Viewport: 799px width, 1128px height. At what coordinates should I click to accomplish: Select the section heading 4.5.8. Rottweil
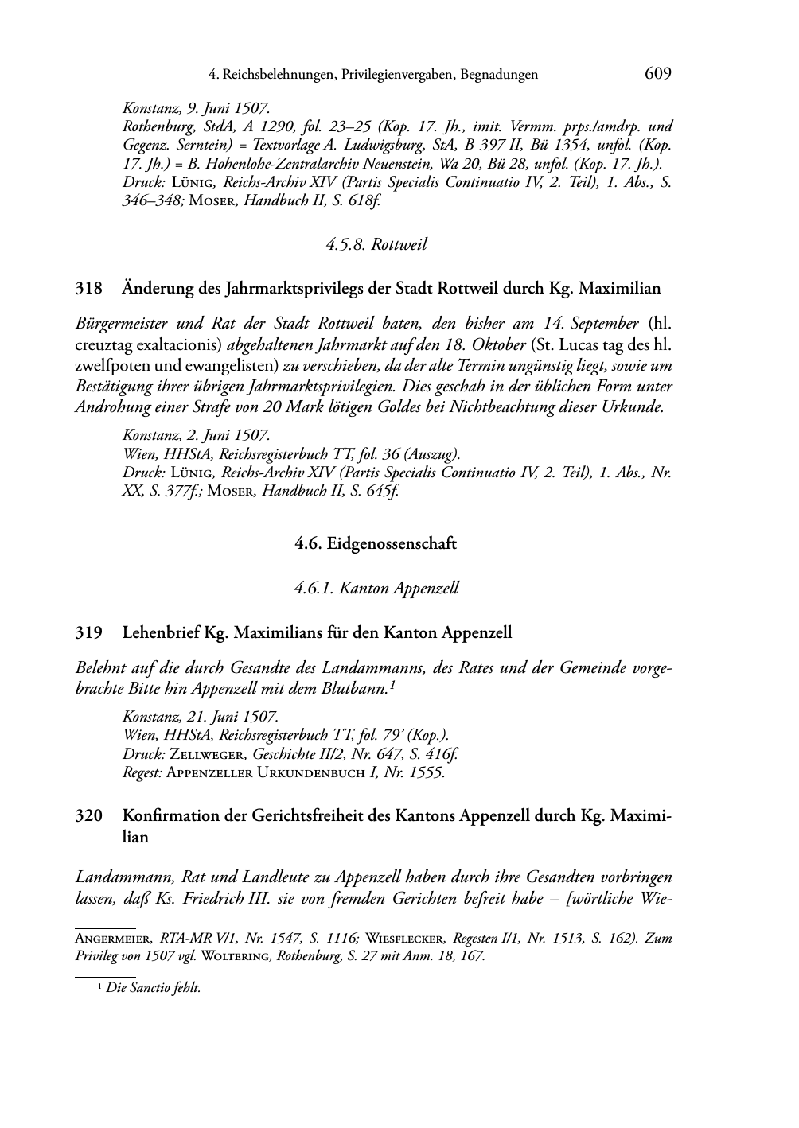[x=376, y=245]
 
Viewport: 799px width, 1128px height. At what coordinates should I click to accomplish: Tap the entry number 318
[x=88, y=288]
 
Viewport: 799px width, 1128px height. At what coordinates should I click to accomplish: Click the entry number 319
[x=88, y=633]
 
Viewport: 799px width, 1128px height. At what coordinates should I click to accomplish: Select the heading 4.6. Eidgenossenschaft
[x=376, y=544]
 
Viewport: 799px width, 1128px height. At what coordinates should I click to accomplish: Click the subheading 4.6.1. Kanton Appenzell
[x=376, y=589]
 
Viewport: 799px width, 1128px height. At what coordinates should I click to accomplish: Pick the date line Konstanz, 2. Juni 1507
[x=196, y=435]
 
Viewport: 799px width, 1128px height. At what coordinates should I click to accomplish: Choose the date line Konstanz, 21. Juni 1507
[x=200, y=717]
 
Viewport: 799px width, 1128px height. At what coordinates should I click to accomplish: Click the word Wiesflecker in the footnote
[x=403, y=939]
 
